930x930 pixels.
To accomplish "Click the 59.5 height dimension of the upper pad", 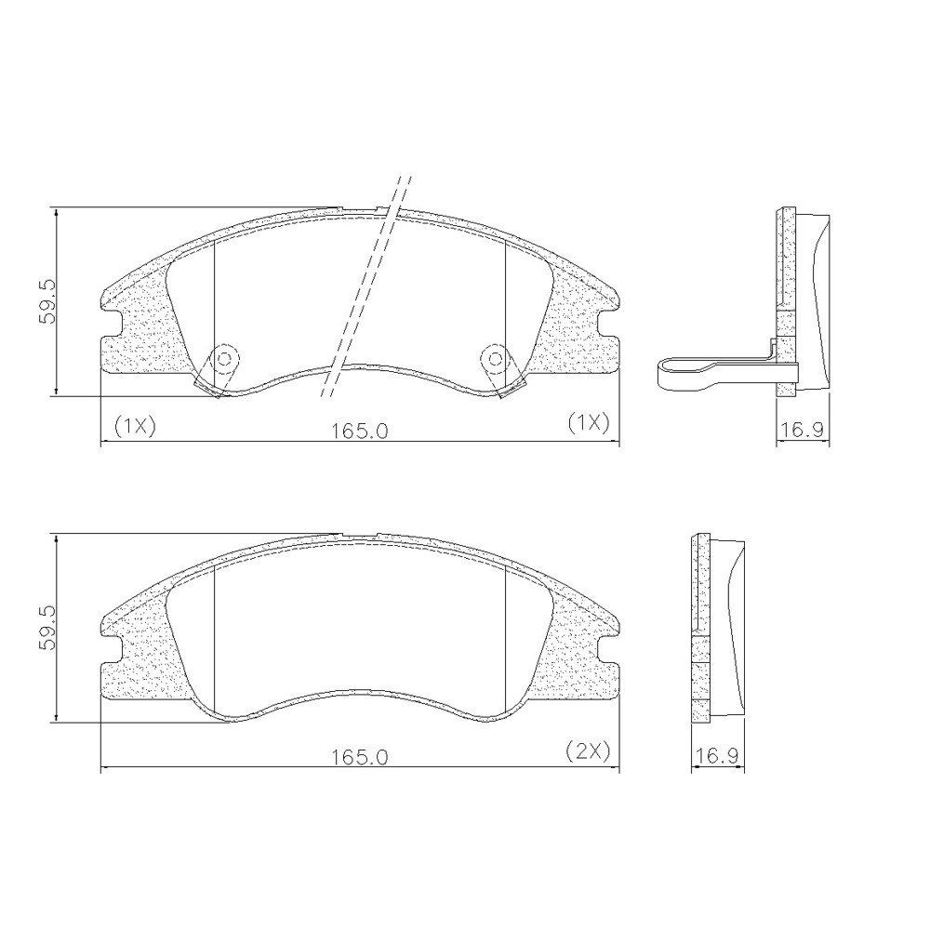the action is click(x=46, y=302).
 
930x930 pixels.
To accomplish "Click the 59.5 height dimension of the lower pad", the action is click(x=46, y=628).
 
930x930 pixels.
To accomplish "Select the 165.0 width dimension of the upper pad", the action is click(x=359, y=430).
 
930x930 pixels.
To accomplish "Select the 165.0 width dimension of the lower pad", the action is click(x=359, y=757).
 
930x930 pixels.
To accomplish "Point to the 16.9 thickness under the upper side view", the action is click(x=803, y=430).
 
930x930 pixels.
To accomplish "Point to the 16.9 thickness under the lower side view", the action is click(x=717, y=756).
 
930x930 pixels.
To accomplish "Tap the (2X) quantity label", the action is click(x=588, y=751).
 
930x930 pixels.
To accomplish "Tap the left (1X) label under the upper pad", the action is click(x=134, y=425).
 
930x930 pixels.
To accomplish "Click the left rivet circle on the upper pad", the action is click(x=225, y=358).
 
